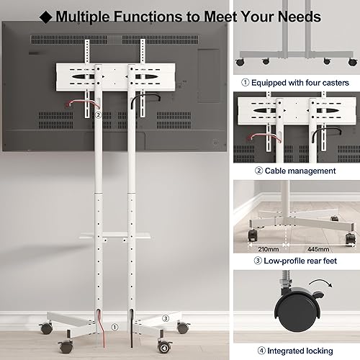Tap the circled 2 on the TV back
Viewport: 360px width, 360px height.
click(x=96, y=114)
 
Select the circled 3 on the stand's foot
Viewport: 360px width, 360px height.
click(x=165, y=318)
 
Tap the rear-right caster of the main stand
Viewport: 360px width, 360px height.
click(x=183, y=328)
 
